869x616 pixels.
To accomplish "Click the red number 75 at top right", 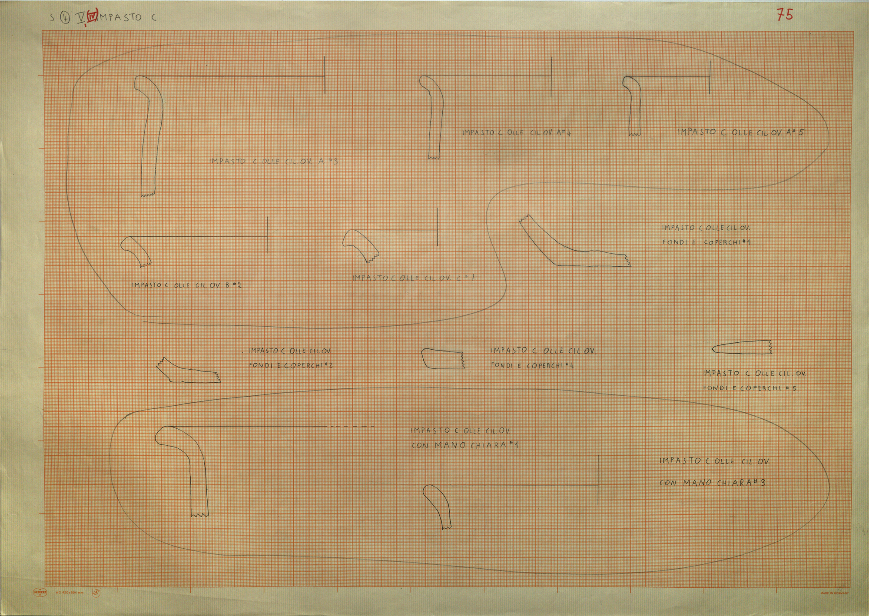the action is coord(785,15).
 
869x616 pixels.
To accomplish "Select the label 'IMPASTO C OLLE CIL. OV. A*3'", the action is coord(273,161).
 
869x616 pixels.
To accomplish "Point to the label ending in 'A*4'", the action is coord(516,132).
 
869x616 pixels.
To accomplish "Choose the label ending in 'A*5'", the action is coord(740,132).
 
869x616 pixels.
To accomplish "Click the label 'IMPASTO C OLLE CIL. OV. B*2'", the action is coord(186,285).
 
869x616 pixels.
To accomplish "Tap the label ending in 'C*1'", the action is coord(413,278).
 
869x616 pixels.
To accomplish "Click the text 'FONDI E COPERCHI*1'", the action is coord(706,242).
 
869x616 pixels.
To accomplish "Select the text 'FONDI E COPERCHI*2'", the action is coord(291,365).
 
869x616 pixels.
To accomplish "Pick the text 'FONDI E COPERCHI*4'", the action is coord(532,366).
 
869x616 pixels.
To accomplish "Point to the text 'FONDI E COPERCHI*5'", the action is coord(750,388).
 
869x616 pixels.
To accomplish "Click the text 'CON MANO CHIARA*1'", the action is coord(464,445).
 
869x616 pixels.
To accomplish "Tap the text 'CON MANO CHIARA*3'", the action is coord(712,482).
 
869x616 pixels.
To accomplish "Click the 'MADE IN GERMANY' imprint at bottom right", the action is coord(834,593).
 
